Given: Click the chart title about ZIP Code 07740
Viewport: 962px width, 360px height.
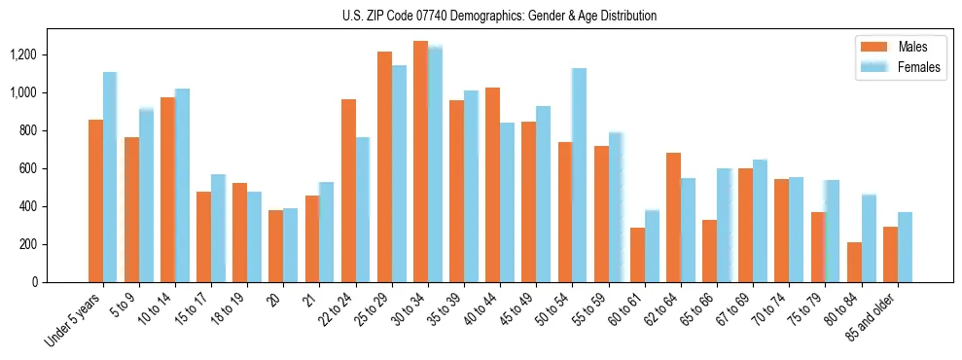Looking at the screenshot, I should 500,16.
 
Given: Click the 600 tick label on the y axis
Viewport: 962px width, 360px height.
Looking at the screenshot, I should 26,168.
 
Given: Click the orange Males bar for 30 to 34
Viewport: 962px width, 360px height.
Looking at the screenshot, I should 420,162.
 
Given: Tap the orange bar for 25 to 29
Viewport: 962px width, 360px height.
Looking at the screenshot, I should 384,166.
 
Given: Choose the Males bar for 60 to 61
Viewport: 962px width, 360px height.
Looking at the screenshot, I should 637,255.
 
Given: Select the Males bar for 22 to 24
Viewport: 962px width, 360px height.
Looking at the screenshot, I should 348,191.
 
